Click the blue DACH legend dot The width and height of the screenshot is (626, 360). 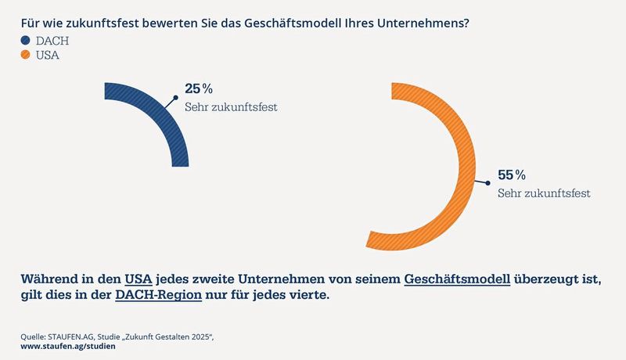click(x=25, y=41)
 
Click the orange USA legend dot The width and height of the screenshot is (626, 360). click(x=25, y=56)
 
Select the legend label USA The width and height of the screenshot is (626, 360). click(x=49, y=56)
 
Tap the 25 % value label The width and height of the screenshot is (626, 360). click(x=199, y=89)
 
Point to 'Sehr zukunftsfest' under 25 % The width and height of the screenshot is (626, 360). click(x=231, y=106)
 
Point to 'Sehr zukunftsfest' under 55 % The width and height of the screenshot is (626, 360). click(x=543, y=192)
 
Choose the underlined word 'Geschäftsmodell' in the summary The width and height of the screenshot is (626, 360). click(x=457, y=279)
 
